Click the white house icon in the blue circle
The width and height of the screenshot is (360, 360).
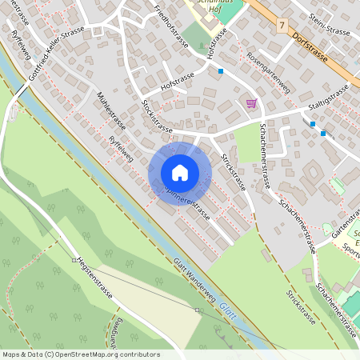pos(179,173)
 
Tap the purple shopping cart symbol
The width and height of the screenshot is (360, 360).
pos(251,103)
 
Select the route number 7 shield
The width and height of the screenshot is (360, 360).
pos(282,26)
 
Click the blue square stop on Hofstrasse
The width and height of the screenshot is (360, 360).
pos(221,71)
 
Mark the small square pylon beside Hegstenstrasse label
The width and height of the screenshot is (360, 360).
pos(74,260)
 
